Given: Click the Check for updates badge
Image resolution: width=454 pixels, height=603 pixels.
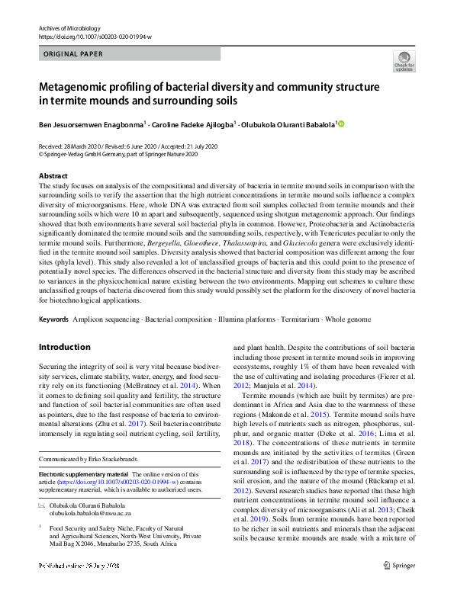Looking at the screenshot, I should [404, 62].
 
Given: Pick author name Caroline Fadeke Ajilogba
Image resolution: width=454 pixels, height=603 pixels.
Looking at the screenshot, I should [195, 123].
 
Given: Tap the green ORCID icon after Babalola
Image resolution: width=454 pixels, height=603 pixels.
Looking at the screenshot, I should [341, 123].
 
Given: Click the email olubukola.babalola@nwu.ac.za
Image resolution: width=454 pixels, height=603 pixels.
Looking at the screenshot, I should [92, 515].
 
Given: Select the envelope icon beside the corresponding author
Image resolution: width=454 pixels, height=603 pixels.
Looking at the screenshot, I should [42, 505].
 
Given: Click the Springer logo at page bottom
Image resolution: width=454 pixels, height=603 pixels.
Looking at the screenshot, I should [399, 586].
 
